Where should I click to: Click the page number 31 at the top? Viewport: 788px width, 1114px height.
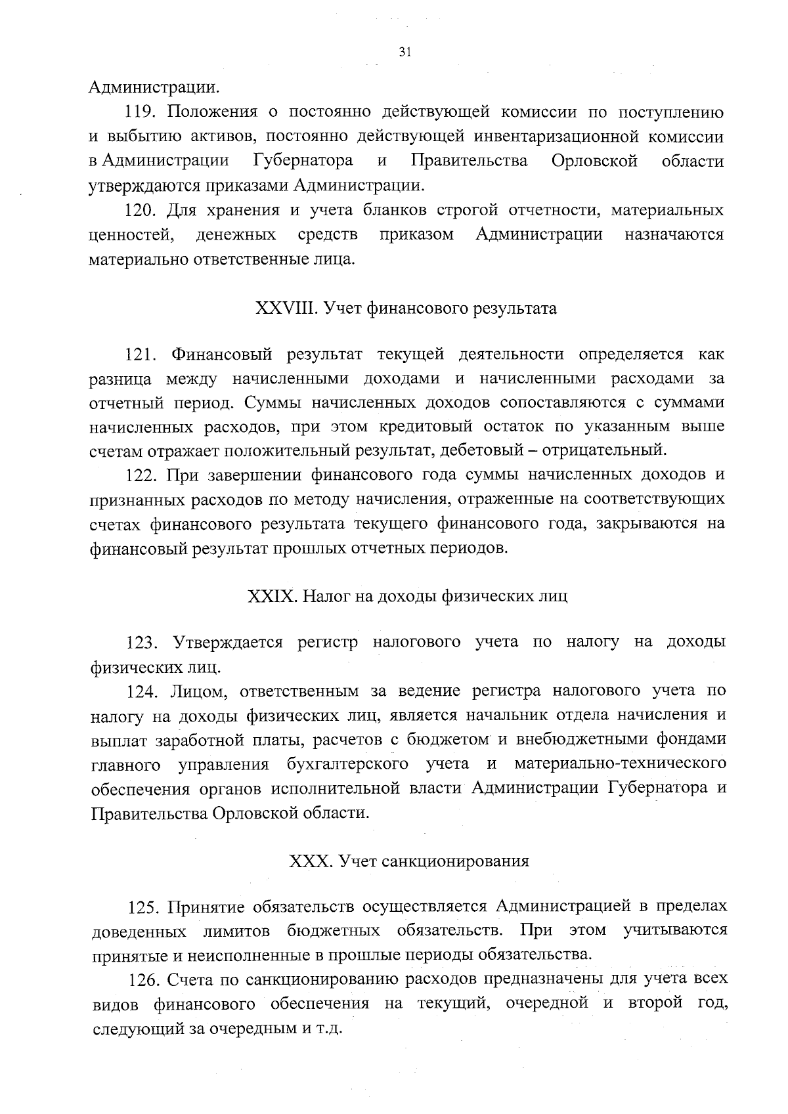(x=405, y=53)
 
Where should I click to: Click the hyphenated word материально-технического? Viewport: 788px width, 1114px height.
(x=621, y=764)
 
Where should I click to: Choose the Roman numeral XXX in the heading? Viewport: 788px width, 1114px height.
(x=309, y=861)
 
